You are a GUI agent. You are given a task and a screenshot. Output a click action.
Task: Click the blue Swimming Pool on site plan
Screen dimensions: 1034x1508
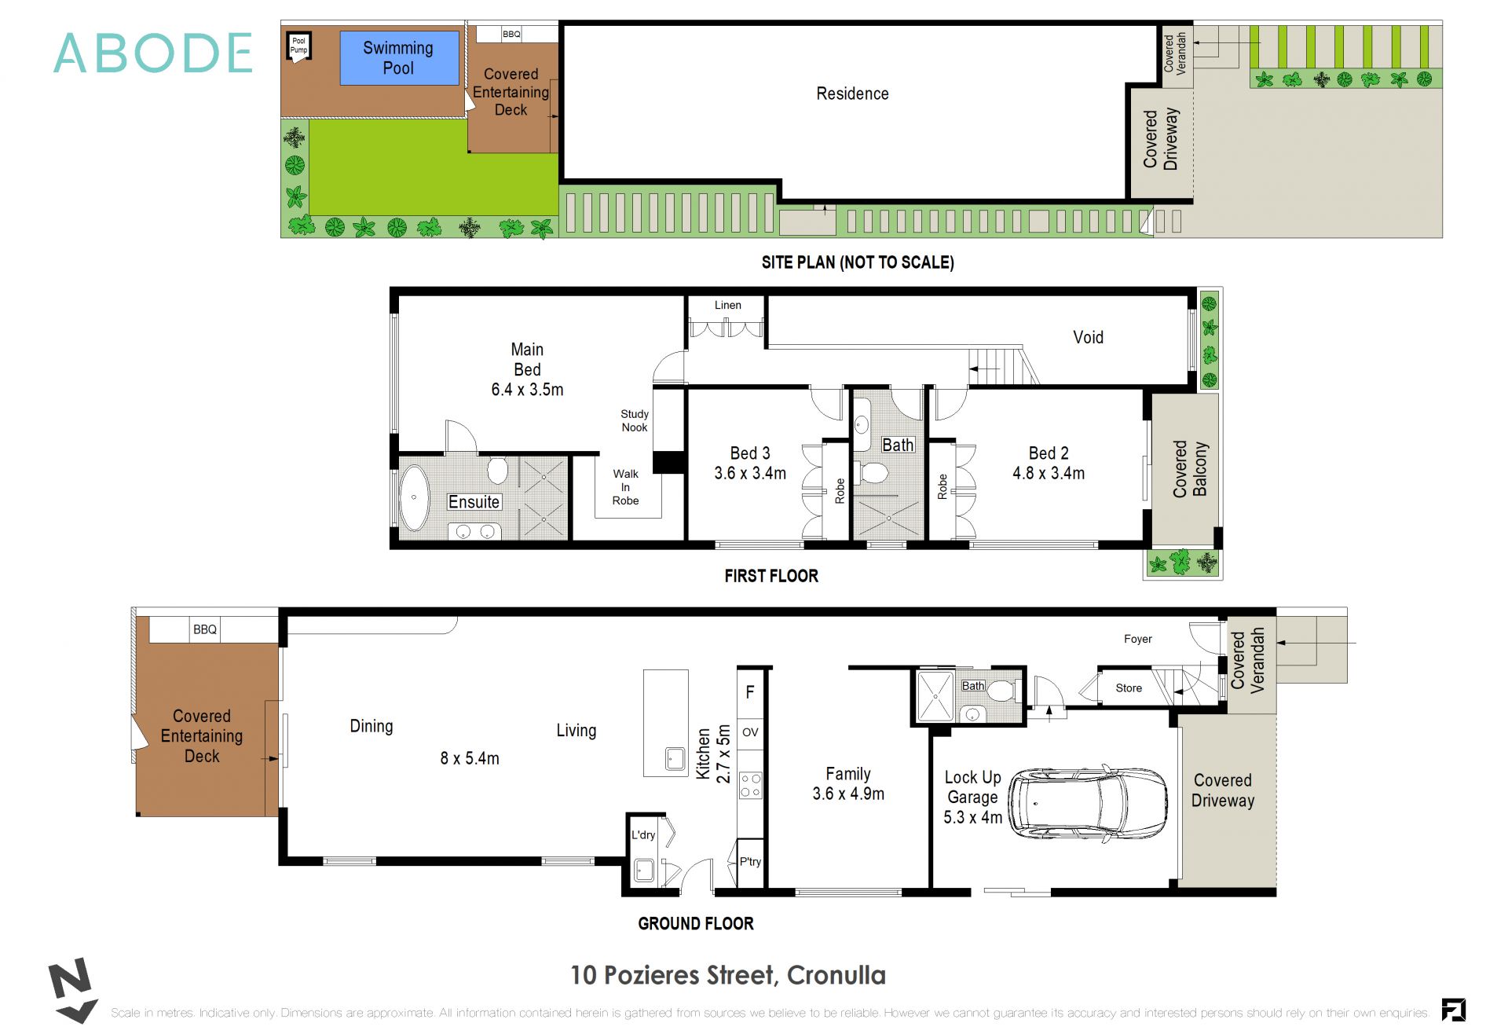pos(399,58)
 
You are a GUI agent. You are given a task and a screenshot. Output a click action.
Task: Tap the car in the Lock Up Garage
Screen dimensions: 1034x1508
pos(1088,804)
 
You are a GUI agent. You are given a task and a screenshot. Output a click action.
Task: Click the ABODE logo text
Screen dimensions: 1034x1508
pos(153,53)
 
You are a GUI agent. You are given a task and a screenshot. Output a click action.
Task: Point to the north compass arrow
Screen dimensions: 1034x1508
pos(72,989)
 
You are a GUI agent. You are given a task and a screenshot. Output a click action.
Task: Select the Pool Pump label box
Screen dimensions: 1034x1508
pos(299,46)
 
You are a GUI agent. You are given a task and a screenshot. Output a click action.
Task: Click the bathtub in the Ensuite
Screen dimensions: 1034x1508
pos(414,498)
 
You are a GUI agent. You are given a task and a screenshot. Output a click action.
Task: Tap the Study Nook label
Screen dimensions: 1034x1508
pos(635,421)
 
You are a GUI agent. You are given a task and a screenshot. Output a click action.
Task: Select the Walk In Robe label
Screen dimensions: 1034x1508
pos(626,487)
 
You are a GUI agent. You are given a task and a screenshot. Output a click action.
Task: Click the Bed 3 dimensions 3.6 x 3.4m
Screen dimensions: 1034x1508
pos(749,474)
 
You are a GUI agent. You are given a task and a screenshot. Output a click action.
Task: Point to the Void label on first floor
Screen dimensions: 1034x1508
pos(1088,338)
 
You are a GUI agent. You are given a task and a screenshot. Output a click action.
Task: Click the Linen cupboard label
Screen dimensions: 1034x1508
pos(727,305)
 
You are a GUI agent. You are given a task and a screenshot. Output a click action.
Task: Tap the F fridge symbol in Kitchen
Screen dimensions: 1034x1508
pos(750,692)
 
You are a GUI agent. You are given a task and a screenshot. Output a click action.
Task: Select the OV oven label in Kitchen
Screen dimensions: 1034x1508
pos(750,732)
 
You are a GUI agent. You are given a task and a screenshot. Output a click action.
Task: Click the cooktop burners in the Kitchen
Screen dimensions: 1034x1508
pos(750,786)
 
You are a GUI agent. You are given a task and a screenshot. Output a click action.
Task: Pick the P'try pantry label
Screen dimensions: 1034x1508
pos(750,862)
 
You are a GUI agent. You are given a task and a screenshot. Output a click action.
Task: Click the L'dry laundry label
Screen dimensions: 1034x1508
pos(642,835)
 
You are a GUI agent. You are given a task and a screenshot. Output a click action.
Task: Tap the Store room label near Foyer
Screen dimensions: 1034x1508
pos(1129,688)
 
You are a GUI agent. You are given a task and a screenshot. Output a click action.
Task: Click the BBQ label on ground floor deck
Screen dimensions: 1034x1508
pos(205,629)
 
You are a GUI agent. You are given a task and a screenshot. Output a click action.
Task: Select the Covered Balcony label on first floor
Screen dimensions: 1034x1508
pos(1189,469)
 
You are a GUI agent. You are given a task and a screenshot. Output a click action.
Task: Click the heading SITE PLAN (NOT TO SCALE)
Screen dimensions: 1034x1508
pos(857,262)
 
